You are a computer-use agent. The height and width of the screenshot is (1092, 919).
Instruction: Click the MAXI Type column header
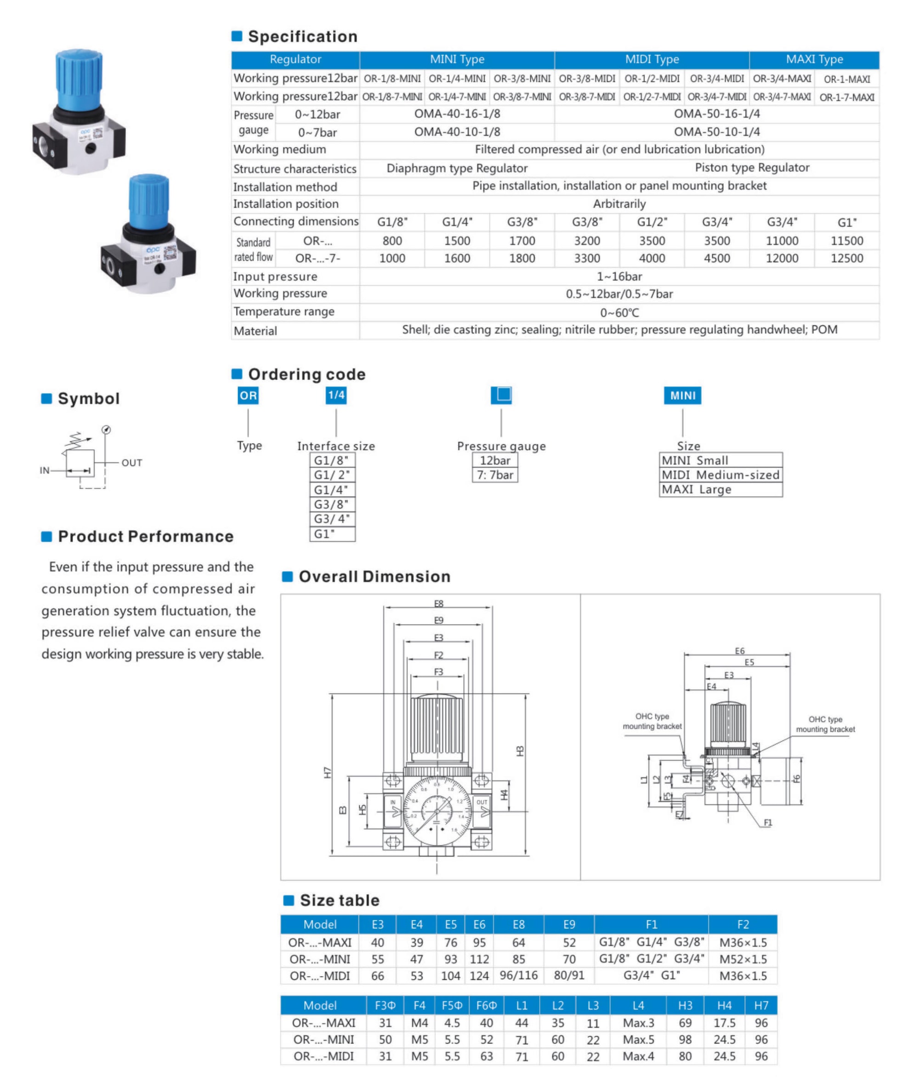[x=814, y=59]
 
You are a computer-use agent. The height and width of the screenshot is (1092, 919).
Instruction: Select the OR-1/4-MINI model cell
[x=457, y=79]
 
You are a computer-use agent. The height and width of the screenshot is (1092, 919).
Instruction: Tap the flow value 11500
[x=846, y=241]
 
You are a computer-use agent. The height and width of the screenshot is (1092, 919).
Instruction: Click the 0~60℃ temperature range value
[x=619, y=312]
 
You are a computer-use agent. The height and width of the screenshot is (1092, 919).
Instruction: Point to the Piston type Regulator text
[x=752, y=168]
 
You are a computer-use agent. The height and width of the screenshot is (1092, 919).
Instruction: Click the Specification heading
[x=302, y=36]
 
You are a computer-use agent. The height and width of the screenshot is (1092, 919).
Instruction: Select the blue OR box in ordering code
[x=248, y=395]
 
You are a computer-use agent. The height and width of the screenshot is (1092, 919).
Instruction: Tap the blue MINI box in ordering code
[x=682, y=395]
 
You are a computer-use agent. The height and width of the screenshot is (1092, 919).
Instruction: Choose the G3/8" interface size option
[x=332, y=504]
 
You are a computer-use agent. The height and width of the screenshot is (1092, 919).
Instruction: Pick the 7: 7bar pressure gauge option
[x=495, y=475]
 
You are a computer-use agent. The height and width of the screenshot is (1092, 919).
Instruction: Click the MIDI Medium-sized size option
[x=720, y=475]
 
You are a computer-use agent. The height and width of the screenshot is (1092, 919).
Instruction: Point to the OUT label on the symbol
[x=132, y=463]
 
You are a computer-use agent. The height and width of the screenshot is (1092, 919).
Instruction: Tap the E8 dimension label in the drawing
[x=439, y=604]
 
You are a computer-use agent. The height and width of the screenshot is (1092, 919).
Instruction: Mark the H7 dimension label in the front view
[x=327, y=772]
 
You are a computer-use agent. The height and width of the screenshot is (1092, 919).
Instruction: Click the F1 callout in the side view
[x=767, y=823]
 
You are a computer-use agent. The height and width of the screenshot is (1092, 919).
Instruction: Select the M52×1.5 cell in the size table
[x=743, y=959]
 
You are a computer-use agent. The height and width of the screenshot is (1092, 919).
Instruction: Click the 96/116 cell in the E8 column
[x=518, y=975]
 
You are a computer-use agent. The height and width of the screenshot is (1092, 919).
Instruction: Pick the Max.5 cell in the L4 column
[x=638, y=1040]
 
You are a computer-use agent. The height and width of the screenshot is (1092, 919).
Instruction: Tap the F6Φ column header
[x=486, y=1006]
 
